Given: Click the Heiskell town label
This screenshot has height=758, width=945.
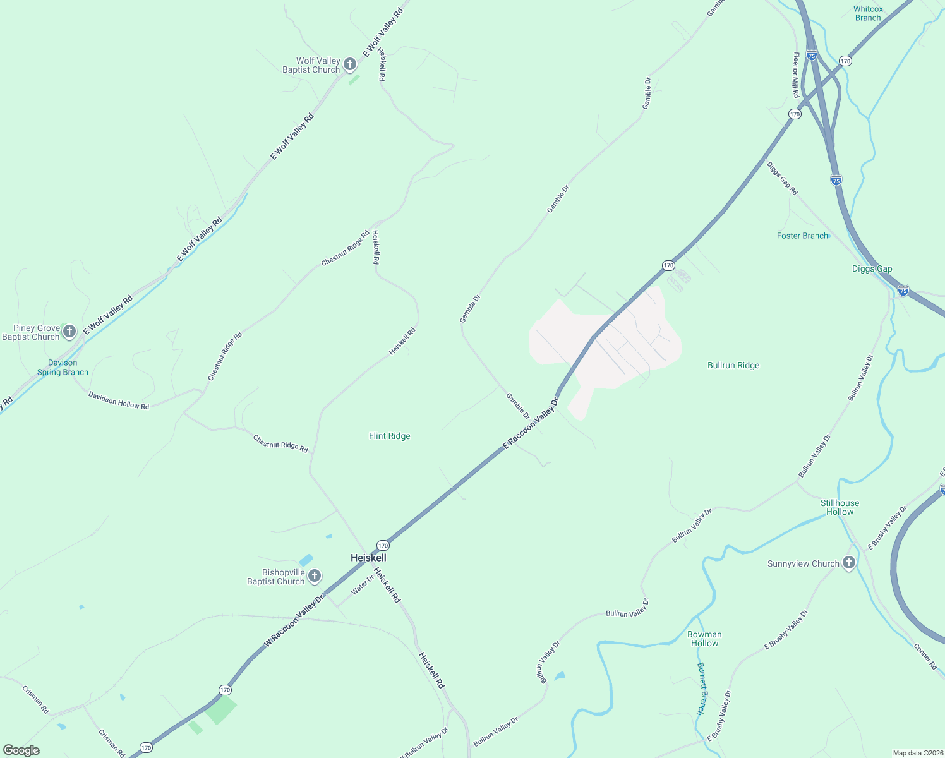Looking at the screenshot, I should (x=368, y=558).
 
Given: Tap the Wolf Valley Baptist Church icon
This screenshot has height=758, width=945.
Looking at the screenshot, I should (x=351, y=64).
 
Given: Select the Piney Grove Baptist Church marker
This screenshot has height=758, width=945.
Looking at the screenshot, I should (x=69, y=332).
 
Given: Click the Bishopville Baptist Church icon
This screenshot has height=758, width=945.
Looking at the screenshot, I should (x=315, y=576).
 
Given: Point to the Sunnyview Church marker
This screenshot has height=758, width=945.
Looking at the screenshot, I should (x=849, y=563).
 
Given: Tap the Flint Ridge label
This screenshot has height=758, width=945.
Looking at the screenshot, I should (x=389, y=436).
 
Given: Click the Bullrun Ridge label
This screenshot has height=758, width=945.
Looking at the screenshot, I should (x=733, y=365).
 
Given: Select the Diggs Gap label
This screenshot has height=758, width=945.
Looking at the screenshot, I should (x=872, y=268).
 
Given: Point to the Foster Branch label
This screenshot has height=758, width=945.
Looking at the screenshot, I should (x=802, y=236).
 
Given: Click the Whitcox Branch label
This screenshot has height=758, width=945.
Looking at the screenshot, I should (x=868, y=13).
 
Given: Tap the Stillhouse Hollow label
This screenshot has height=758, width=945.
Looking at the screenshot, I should (x=840, y=507).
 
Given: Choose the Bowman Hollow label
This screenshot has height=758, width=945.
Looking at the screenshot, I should (x=704, y=639).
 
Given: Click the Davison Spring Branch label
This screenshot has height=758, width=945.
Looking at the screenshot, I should (x=63, y=368).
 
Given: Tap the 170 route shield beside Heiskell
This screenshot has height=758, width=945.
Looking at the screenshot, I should (x=383, y=545).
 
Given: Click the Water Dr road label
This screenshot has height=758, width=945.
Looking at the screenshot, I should (x=363, y=585).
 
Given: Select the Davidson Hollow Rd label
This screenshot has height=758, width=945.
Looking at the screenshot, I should (x=119, y=400).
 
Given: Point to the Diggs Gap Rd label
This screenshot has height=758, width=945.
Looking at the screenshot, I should (x=782, y=178).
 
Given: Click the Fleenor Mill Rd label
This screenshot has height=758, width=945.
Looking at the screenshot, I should (x=796, y=75).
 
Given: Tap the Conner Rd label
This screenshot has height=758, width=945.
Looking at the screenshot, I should (x=925, y=656).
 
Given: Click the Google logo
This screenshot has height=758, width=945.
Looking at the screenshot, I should (x=21, y=750).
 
